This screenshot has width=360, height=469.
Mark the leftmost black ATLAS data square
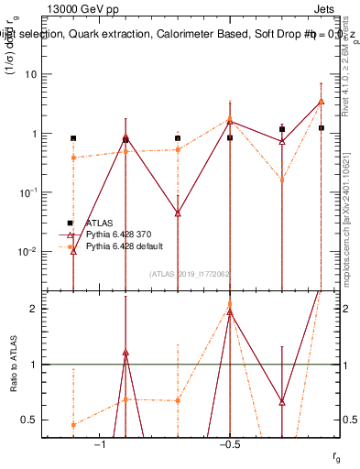tap(73, 138)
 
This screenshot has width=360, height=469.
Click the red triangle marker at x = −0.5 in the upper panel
tap(230, 120)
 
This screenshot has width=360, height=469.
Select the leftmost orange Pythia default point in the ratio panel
tap(73, 424)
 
